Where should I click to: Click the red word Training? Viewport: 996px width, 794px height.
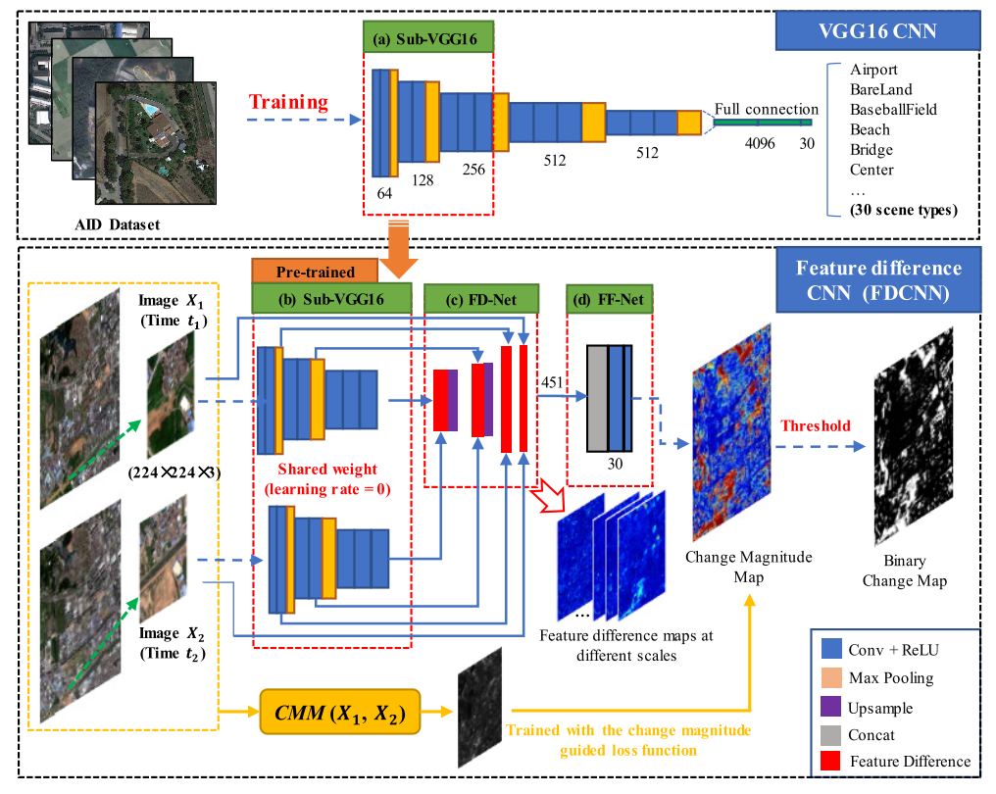click(288, 102)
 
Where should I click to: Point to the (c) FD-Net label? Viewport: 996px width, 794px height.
click(481, 298)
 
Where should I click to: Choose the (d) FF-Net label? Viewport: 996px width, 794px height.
click(609, 298)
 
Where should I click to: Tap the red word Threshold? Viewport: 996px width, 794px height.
click(815, 425)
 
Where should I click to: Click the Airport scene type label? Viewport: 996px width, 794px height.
click(873, 71)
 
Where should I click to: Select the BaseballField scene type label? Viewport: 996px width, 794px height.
click(893, 110)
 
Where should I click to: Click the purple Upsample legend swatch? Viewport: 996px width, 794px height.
click(831, 706)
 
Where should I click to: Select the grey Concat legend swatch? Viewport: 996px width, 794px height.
click(831, 733)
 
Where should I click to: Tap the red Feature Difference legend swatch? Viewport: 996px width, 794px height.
click(831, 761)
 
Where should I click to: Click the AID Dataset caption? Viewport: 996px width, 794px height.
click(114, 224)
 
